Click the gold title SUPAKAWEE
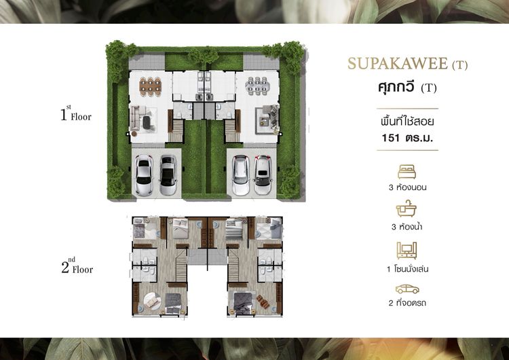(x=397, y=64)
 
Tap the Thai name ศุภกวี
(x=396, y=87)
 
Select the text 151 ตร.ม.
(x=407, y=138)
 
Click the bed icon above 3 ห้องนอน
(x=407, y=172)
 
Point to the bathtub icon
(x=406, y=209)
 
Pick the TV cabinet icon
(x=407, y=250)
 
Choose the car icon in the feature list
(x=407, y=289)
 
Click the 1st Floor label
(x=76, y=113)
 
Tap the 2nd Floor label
(x=77, y=266)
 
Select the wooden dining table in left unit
(x=150, y=86)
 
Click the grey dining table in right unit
(x=257, y=86)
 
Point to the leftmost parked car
(x=143, y=175)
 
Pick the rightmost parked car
(x=263, y=175)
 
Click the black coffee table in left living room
(x=147, y=121)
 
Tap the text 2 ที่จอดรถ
(x=407, y=303)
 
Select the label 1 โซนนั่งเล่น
(x=407, y=269)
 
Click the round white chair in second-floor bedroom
(x=152, y=302)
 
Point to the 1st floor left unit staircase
(x=176, y=130)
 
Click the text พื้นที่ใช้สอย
(x=407, y=122)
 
